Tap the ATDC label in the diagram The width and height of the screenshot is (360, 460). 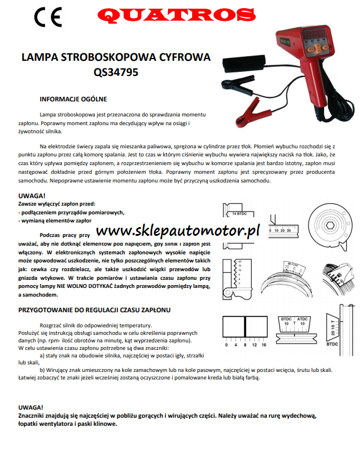pyautogui.click(x=302, y=319)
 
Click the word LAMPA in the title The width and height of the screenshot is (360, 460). pyautogui.click(x=39, y=59)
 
